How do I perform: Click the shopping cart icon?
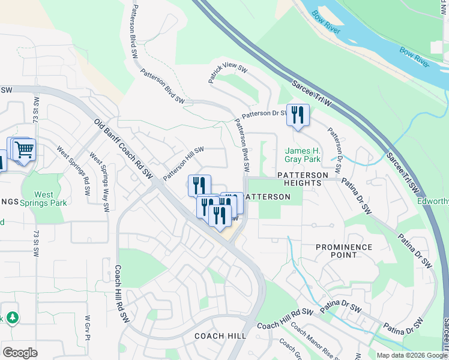[23, 149]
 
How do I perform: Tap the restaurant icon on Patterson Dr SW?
[298, 115]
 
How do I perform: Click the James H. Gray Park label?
[303, 155]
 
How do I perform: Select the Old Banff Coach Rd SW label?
[124, 148]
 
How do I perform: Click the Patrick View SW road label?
[228, 74]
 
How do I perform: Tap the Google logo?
[20, 352]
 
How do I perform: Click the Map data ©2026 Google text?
[411, 355]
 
